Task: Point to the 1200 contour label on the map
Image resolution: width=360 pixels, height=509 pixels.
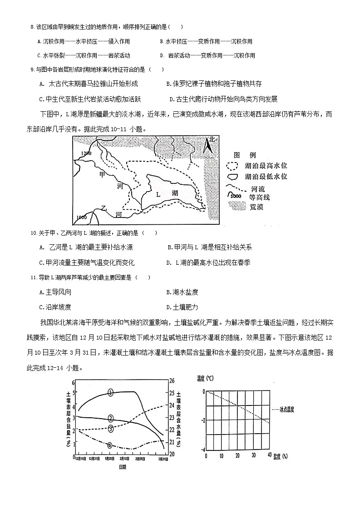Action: (85, 153)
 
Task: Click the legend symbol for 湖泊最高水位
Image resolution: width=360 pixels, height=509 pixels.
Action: (232, 166)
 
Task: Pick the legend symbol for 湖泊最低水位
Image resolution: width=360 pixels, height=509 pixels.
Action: (232, 176)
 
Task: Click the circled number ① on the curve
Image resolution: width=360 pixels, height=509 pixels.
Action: (110, 392)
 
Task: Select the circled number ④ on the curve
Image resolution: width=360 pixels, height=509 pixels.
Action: (109, 445)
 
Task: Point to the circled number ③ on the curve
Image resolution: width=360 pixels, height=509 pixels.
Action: (110, 428)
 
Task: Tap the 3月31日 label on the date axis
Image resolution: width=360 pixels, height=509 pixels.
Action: (163, 460)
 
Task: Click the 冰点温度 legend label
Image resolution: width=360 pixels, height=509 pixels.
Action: (287, 409)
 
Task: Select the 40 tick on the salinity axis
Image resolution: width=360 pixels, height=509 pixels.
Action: (269, 455)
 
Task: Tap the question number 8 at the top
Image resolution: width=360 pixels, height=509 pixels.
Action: (32, 27)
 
